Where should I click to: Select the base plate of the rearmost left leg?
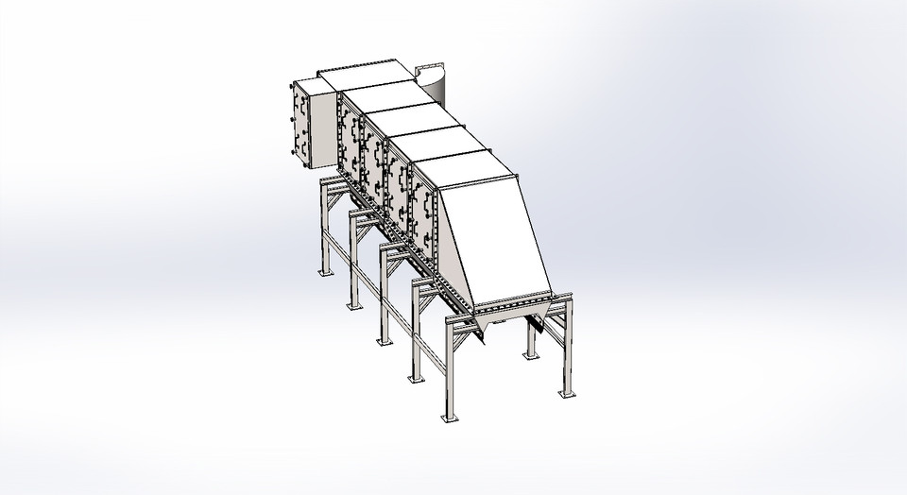(x=325, y=272)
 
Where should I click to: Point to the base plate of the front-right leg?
(x=566, y=392)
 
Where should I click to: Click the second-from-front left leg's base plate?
(x=415, y=377)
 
